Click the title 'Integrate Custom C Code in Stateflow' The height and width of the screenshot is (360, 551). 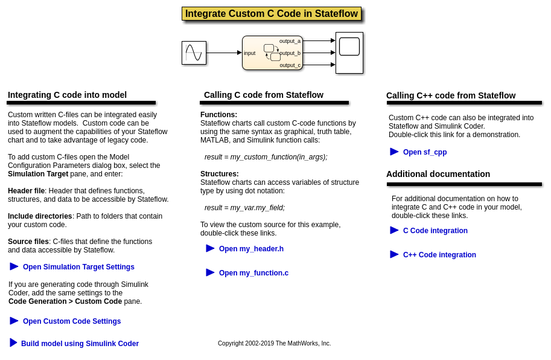(271, 14)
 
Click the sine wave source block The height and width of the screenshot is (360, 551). (194, 53)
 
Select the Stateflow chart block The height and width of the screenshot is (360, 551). (272, 53)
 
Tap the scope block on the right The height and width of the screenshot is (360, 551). (349, 53)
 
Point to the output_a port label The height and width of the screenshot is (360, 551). (290, 41)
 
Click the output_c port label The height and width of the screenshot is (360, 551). (290, 65)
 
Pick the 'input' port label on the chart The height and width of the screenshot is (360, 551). (249, 53)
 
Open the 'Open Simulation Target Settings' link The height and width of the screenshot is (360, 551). (78, 267)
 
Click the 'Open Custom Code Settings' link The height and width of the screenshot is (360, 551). (72, 321)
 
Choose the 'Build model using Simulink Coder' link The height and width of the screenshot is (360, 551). (80, 344)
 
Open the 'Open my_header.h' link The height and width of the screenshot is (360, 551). (251, 249)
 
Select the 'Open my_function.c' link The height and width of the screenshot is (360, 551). (253, 273)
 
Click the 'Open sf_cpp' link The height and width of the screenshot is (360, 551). (425, 152)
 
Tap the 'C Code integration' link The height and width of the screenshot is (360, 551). (435, 231)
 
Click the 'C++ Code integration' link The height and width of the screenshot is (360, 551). (439, 255)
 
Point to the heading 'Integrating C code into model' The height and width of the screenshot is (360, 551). (67, 95)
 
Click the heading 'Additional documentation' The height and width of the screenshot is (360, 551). (438, 174)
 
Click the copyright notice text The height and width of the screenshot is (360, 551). (274, 344)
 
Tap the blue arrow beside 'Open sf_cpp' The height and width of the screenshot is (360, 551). (394, 152)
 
